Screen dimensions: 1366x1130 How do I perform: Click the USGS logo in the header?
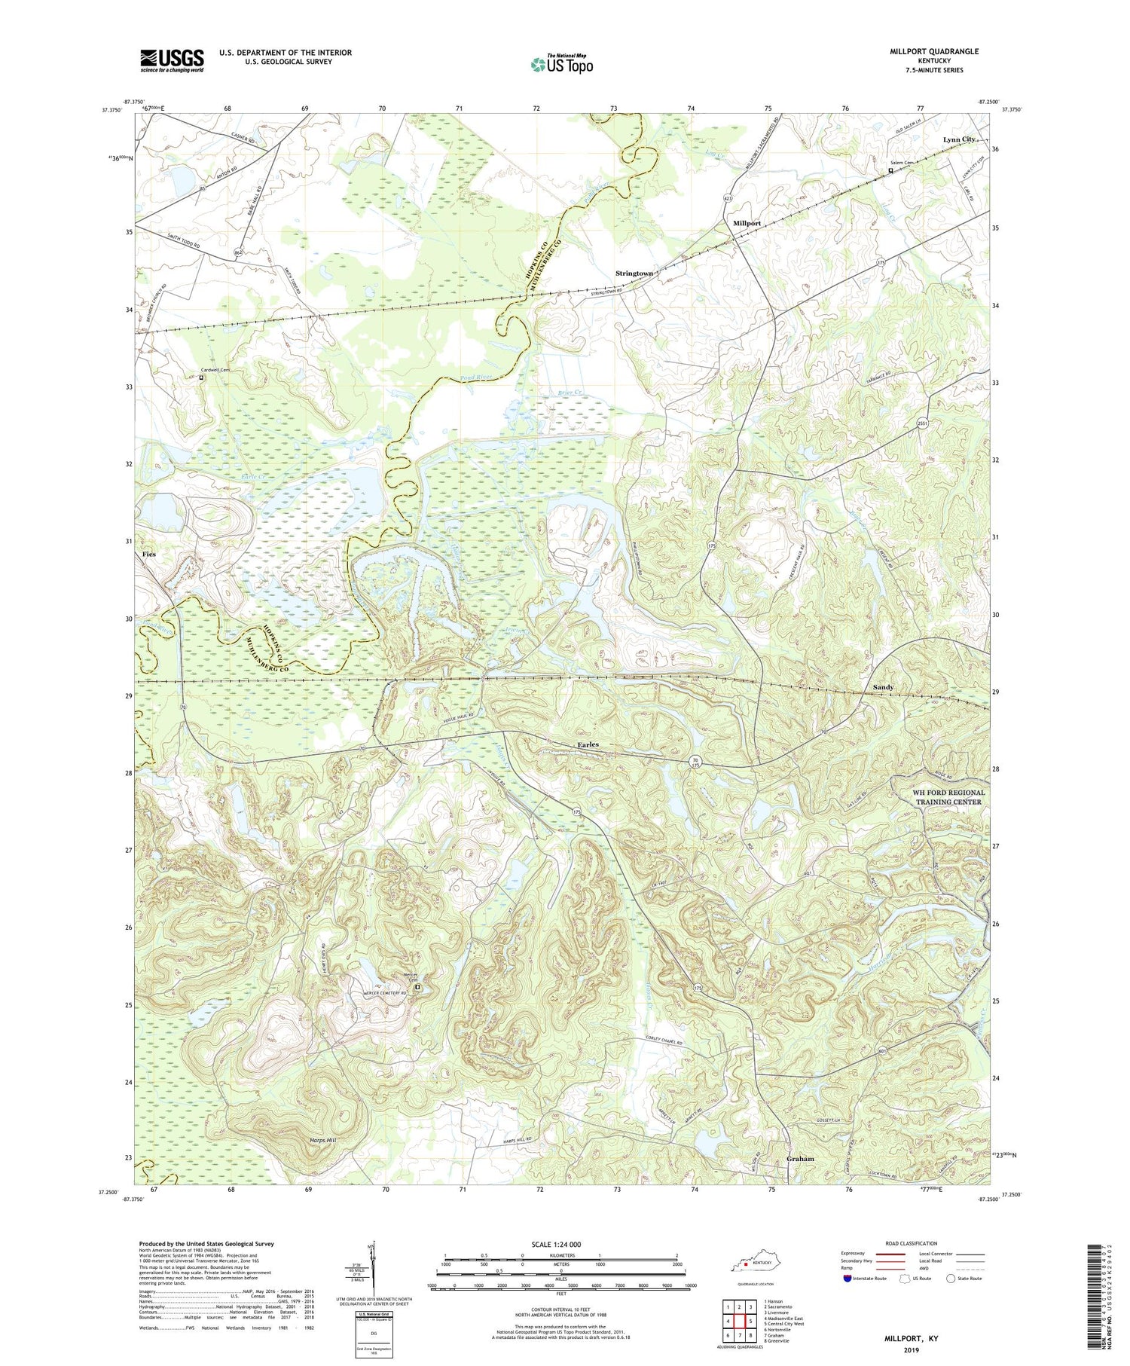172,60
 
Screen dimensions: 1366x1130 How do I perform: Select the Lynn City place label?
958,140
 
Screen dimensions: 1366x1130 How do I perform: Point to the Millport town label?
747,224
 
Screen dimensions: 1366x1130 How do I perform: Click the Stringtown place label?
634,273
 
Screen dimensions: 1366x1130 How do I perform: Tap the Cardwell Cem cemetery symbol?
201,379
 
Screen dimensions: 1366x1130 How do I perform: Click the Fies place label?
148,554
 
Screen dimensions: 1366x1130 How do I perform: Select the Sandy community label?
882,687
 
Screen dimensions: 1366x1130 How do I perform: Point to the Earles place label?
588,744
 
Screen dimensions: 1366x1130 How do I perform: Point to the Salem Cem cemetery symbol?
891,171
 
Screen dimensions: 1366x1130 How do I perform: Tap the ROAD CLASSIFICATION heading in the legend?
912,1243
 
